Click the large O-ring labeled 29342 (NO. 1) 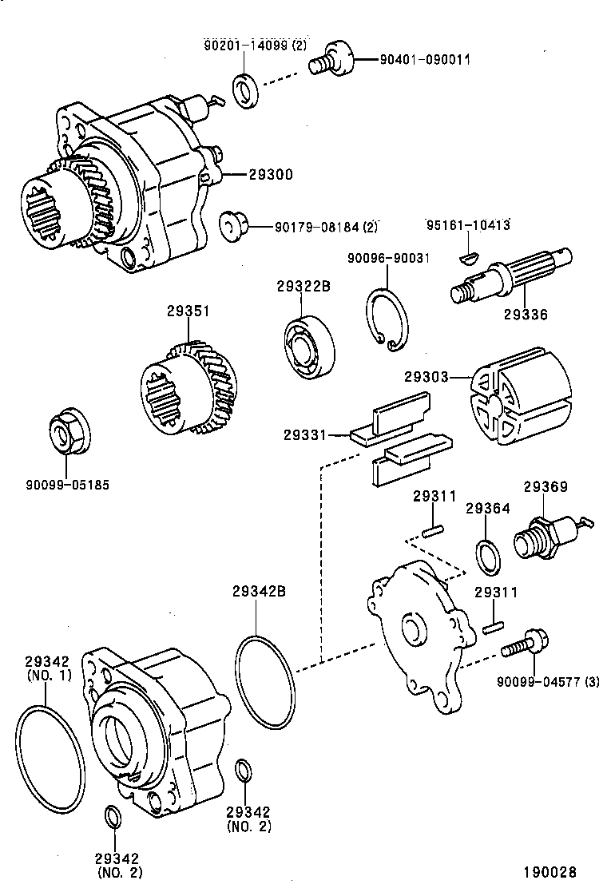click(50, 755)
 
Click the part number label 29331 click(303, 434)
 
